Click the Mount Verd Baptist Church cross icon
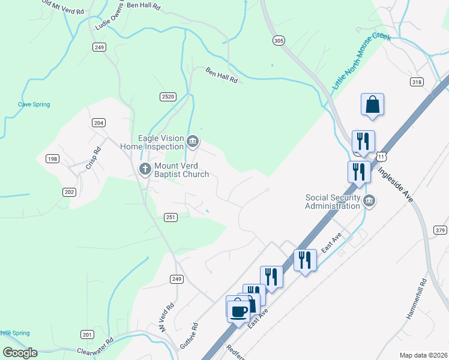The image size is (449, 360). tap(145, 169)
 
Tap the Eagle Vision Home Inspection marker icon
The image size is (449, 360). tap(192, 142)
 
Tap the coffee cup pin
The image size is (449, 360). tap(239, 311)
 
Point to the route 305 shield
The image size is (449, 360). tap(278, 40)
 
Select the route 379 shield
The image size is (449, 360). tap(441, 230)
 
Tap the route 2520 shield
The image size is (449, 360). tap(167, 97)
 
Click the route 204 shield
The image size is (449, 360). tap(99, 122)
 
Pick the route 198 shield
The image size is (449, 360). tap(52, 158)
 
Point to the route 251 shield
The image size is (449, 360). tap(170, 217)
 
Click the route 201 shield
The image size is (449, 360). tap(87, 334)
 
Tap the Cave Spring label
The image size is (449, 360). tap(34, 104)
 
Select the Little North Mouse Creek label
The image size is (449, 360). tap(362, 62)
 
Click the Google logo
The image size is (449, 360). tap(20, 352)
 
